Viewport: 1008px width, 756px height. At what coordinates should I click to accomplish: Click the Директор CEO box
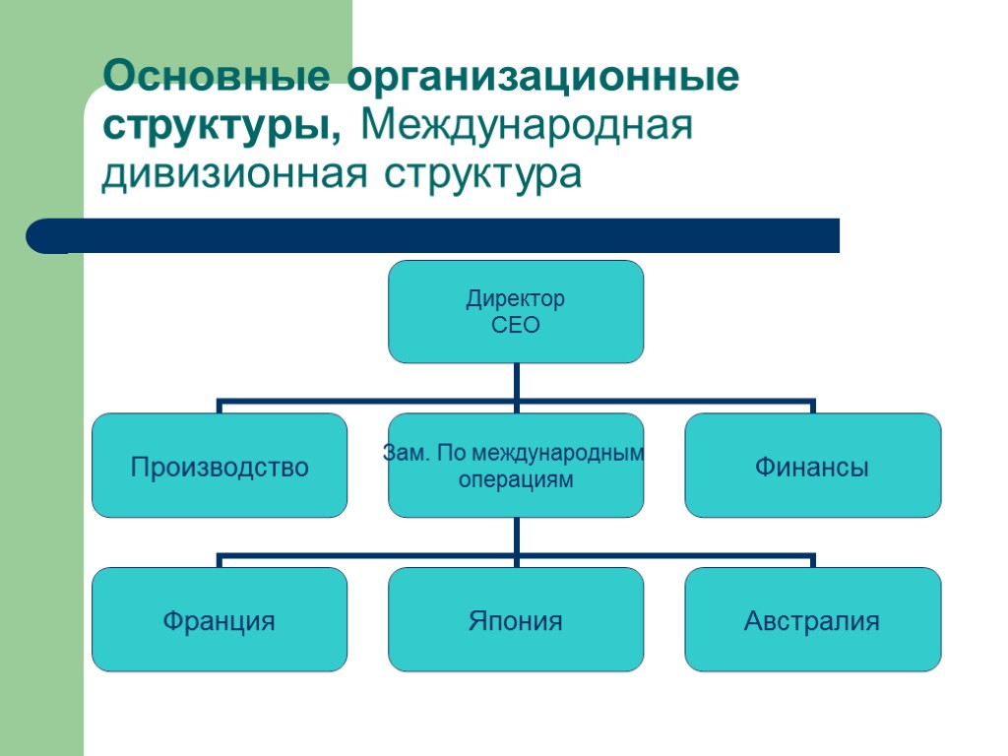[516, 311]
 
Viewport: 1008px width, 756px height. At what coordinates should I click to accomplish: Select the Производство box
[220, 466]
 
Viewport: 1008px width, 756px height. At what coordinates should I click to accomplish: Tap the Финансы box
[812, 466]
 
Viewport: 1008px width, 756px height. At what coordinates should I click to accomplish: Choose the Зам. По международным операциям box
[516, 466]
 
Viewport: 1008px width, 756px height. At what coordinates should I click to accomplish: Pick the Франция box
[220, 620]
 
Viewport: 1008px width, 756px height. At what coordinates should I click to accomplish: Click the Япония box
[516, 620]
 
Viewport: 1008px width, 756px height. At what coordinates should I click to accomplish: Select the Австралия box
[812, 620]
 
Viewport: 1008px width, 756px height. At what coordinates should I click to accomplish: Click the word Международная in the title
[529, 127]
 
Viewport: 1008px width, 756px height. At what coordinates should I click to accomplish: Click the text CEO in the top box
[516, 325]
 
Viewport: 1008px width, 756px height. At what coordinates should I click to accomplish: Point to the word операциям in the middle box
[516, 479]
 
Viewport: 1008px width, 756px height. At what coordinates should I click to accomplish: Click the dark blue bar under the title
[443, 236]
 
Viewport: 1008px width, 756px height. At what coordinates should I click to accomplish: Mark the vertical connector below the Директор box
[516, 382]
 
